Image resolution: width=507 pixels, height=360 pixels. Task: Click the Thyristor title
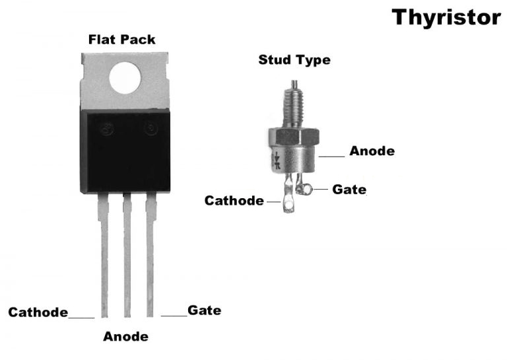(x=446, y=17)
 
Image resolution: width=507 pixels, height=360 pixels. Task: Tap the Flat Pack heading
(x=122, y=40)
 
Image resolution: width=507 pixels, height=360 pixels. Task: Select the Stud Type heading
(x=294, y=61)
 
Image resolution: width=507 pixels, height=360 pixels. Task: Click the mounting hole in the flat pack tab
(x=125, y=78)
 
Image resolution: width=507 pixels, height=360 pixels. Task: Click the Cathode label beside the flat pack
(x=38, y=312)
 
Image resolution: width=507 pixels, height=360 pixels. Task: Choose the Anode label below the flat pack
(x=125, y=337)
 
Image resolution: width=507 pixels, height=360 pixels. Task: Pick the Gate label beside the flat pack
(x=204, y=310)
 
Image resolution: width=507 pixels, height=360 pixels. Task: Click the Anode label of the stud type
(x=372, y=151)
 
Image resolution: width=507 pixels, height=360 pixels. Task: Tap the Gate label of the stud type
(x=349, y=190)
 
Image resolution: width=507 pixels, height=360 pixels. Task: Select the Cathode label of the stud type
(x=234, y=200)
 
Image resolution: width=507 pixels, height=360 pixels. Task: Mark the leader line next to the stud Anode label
(x=332, y=157)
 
